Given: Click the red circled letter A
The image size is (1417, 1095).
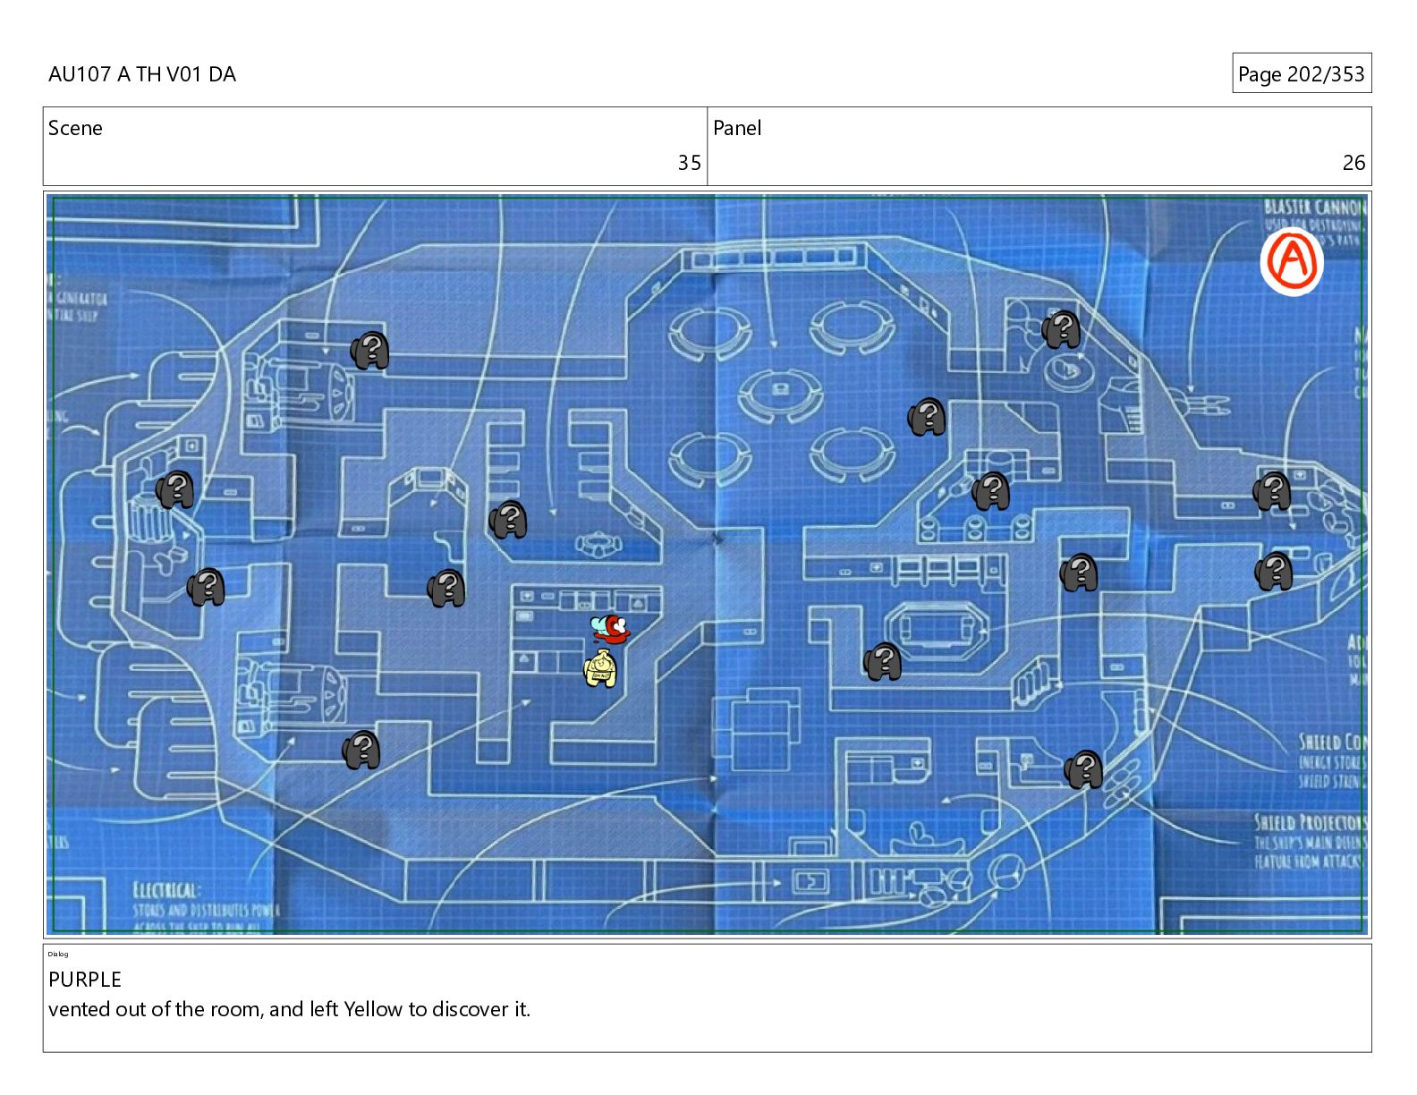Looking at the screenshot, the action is point(1291,260).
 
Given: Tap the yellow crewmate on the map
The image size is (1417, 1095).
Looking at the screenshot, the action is point(600,669).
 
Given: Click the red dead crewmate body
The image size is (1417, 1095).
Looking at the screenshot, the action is point(611,628).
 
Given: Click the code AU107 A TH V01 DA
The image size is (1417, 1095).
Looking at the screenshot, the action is point(142,74).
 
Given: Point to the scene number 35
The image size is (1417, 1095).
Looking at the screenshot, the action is point(689,163).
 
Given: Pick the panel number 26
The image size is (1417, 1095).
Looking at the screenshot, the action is point(1353,163).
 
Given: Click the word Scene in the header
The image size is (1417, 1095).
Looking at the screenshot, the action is point(75,128).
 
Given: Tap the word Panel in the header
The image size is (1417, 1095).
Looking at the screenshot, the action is point(737,128).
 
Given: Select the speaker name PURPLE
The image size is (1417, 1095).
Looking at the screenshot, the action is point(85,980).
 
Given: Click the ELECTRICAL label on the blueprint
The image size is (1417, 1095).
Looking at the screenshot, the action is point(165,890).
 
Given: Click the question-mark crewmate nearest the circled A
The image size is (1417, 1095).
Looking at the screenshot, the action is point(1062,330).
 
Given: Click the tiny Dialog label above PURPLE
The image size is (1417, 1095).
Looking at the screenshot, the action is point(58,954).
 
